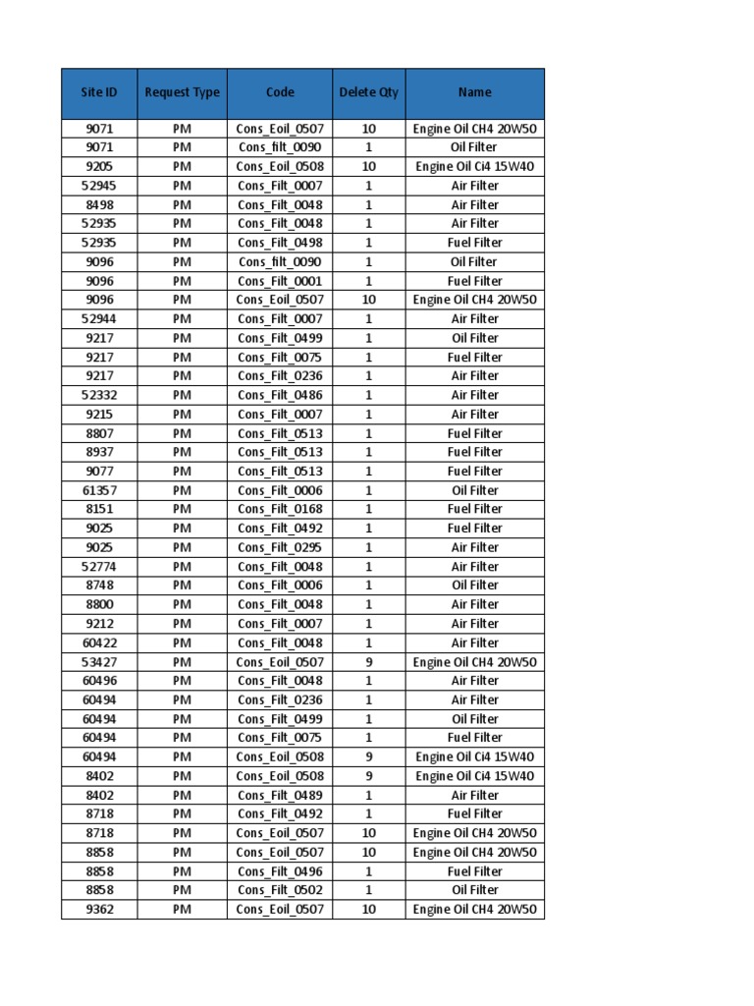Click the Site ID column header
pyautogui.click(x=98, y=92)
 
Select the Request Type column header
pyautogui.click(x=182, y=92)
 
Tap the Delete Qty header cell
pyautogui.click(x=368, y=92)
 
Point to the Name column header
pyautogui.click(x=474, y=92)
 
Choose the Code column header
pyautogui.click(x=280, y=92)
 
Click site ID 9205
pyautogui.click(x=98, y=166)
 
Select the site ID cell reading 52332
pyautogui.click(x=98, y=395)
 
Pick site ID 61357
pyautogui.click(x=98, y=490)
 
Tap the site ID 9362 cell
pyautogui.click(x=98, y=909)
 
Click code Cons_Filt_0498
pyautogui.click(x=280, y=243)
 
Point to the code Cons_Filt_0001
pyautogui.click(x=280, y=281)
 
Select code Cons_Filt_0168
pyautogui.click(x=280, y=509)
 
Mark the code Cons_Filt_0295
pyautogui.click(x=280, y=547)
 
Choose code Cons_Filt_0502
pyautogui.click(x=280, y=890)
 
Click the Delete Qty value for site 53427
pyautogui.click(x=368, y=662)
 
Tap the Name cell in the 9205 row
pyautogui.click(x=474, y=166)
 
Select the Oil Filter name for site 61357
pyautogui.click(x=474, y=490)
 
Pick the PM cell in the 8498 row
pyautogui.click(x=182, y=204)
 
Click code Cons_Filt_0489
pyautogui.click(x=280, y=795)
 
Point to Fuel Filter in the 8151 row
pyautogui.click(x=474, y=509)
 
